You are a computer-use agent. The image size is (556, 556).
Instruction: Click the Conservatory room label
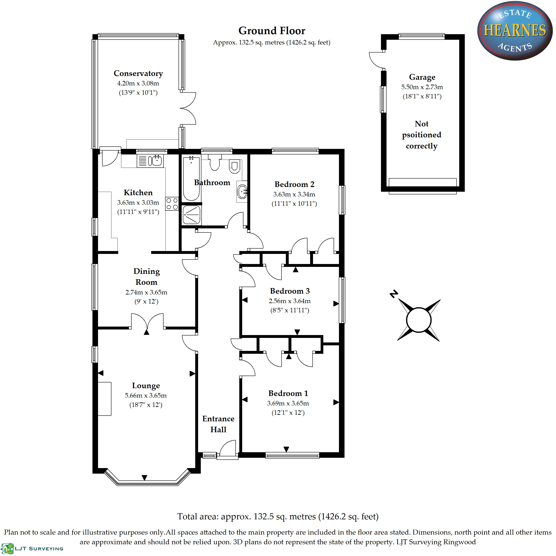pos(138,73)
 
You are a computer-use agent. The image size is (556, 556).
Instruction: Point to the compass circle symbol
pos(419,320)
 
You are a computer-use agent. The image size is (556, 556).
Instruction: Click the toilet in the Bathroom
pos(234,166)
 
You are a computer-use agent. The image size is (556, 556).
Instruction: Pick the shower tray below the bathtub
pos(191,215)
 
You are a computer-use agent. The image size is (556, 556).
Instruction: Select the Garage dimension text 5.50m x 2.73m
pos(422,87)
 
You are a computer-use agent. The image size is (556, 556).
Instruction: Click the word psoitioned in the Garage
pos(422,135)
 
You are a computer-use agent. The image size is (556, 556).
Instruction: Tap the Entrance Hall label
pos(218,424)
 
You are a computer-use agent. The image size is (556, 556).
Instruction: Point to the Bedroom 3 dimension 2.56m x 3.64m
pos(290,301)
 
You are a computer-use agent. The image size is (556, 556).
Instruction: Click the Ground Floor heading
pos(272,30)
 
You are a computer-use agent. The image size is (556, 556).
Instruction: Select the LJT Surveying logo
pos(32,548)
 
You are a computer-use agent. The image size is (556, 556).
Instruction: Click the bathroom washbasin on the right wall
pos(242,191)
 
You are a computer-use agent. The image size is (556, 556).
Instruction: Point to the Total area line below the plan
pos(278,517)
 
